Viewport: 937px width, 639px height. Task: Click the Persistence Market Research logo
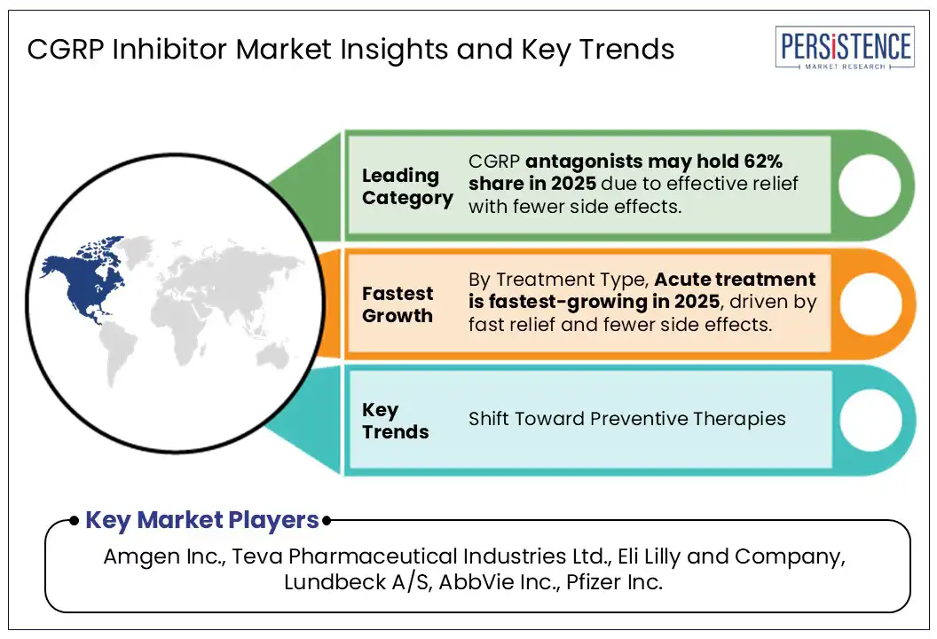845,50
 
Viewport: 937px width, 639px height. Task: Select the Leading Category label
406,186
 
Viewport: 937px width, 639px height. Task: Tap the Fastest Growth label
398,304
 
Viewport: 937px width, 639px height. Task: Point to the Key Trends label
395,421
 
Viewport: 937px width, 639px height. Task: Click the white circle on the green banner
869,185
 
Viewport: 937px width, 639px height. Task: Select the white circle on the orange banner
869,302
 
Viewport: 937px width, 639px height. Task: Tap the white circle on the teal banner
869,420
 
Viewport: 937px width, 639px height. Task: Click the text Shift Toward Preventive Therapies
626,419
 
